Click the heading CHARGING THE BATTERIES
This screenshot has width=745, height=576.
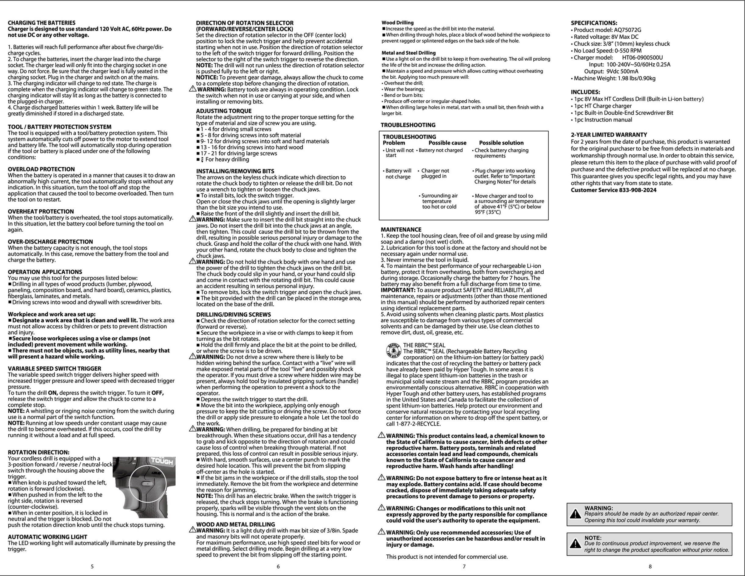click(41, 23)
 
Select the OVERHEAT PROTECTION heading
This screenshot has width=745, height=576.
click(41, 211)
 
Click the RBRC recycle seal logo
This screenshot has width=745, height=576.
click(393, 351)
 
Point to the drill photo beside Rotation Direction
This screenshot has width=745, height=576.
click(144, 487)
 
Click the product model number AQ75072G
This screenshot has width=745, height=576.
click(627, 30)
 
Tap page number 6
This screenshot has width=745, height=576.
click(278, 567)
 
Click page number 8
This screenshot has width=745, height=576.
click(650, 567)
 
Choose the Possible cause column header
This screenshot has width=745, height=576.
click(447, 143)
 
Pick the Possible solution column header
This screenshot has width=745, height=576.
click(501, 143)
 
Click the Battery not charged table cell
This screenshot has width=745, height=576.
click(440, 150)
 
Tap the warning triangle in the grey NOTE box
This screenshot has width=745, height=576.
click(575, 544)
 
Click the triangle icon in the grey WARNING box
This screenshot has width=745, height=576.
click(575, 514)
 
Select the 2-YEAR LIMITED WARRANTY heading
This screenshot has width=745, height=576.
click(609, 135)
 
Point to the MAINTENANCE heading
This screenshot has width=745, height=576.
click(401, 229)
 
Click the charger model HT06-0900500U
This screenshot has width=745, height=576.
click(642, 58)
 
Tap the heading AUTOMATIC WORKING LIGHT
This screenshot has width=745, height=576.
click(47, 537)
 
